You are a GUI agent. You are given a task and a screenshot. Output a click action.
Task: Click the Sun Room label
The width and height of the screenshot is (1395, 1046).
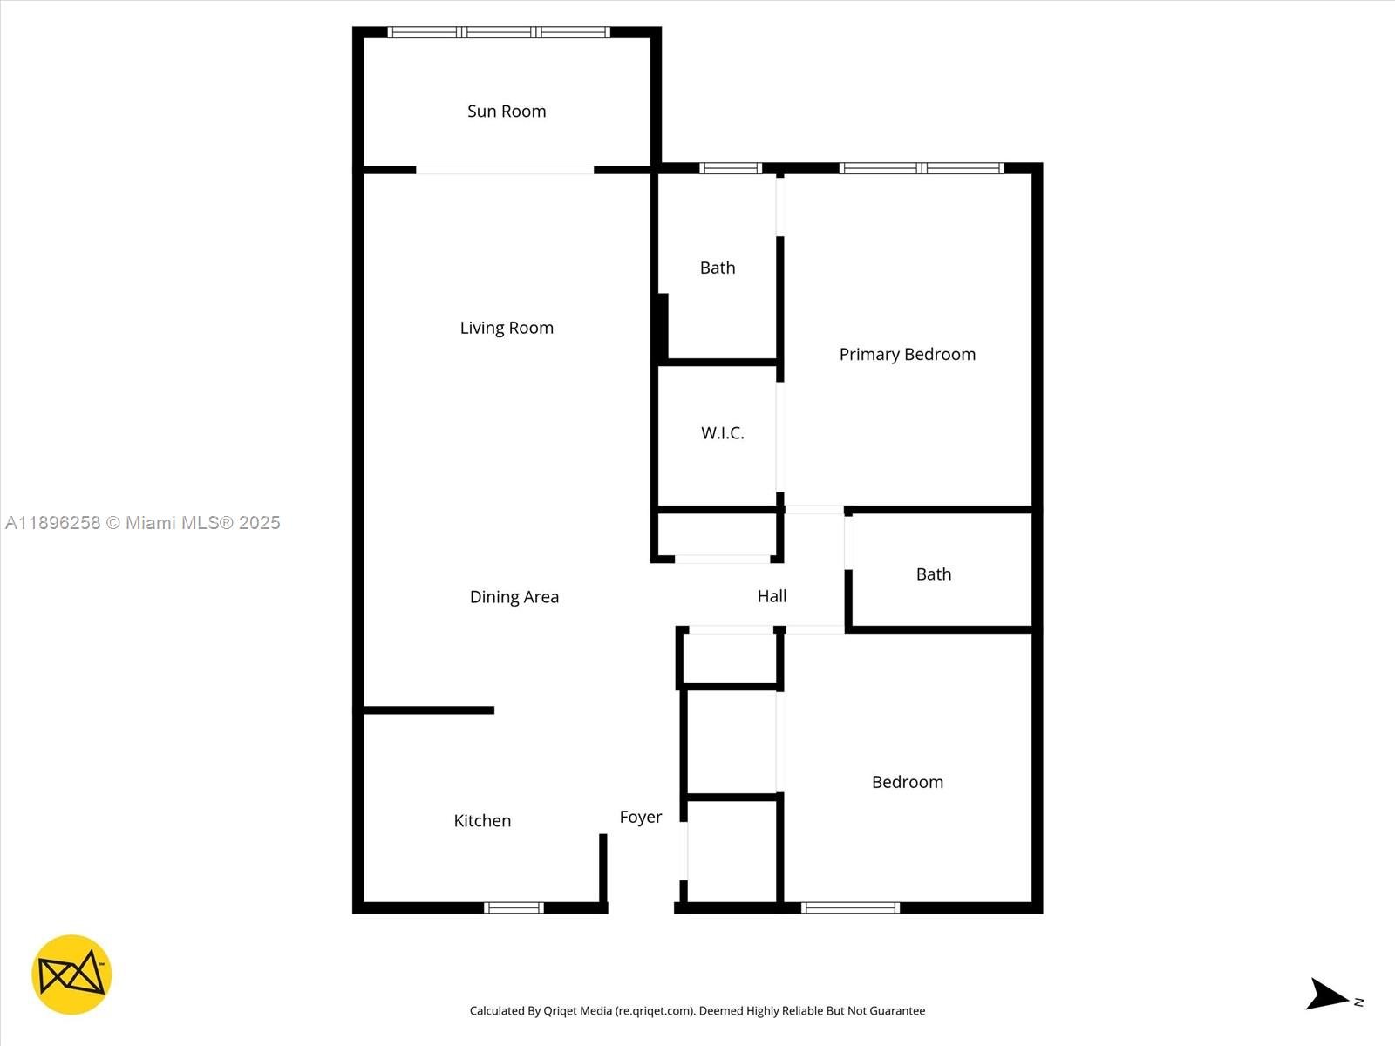pos(507,112)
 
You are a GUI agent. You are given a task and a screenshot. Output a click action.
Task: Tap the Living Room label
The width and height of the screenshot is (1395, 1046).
pos(507,328)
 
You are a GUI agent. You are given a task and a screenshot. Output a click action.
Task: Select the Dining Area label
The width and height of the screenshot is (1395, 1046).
pos(514,597)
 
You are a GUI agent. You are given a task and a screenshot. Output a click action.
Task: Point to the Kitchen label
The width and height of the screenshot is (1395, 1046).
pos(482,821)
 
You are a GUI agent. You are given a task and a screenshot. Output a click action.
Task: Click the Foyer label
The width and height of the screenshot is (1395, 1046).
pos(641,818)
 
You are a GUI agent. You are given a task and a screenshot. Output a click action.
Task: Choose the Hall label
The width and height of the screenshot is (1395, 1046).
pos(772,596)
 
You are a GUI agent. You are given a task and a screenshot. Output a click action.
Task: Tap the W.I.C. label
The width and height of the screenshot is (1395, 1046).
pos(722,433)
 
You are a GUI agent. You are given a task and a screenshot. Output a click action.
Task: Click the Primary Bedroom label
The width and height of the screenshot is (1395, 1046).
pos(907,355)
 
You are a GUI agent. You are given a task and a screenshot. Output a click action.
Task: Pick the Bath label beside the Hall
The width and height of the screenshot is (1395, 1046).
pos(933,574)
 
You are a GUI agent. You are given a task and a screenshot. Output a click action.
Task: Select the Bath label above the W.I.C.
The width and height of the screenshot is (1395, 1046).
pos(718,268)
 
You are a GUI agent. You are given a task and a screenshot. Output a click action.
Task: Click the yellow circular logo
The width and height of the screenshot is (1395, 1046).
pos(71,975)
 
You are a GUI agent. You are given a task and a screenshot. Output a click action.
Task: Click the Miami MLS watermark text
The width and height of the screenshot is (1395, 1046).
pos(143,523)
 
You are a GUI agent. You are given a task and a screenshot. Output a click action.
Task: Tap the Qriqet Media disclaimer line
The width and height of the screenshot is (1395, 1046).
pos(697,1011)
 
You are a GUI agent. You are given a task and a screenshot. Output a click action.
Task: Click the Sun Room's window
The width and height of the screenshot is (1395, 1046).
pos(499,33)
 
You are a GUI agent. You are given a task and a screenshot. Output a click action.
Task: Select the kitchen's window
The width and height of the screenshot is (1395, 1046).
pos(514,908)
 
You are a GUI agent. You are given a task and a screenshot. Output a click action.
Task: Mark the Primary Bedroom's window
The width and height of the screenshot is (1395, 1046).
pos(922,168)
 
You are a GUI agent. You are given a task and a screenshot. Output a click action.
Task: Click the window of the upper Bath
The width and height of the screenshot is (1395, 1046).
pos(731,168)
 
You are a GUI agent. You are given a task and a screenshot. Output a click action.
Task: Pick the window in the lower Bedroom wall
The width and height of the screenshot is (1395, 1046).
pos(850,908)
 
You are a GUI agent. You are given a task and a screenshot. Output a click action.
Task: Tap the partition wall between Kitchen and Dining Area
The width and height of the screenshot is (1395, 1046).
pos(428,710)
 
